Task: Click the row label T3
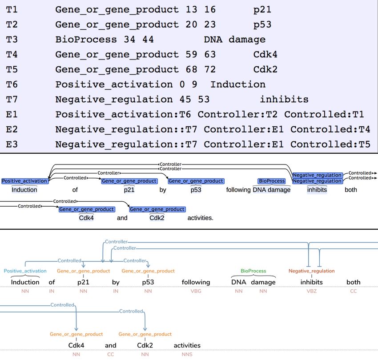(x=12, y=39)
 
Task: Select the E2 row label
(x=12, y=129)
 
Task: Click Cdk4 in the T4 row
(x=265, y=55)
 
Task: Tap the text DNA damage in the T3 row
(x=234, y=40)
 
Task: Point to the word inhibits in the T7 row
(x=284, y=99)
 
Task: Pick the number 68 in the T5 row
(x=191, y=69)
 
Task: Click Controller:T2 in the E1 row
(x=237, y=115)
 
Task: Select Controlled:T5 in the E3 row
(x=330, y=144)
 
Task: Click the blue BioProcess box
(x=272, y=181)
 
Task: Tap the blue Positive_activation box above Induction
(x=24, y=181)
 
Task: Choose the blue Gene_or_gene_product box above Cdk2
(x=157, y=209)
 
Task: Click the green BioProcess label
(x=253, y=271)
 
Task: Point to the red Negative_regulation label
(x=311, y=271)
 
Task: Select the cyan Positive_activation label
(x=25, y=271)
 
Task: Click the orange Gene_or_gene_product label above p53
(x=148, y=271)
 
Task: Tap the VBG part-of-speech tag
(x=196, y=291)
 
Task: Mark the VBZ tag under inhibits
(x=311, y=291)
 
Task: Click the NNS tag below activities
(x=187, y=355)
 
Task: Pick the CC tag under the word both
(x=354, y=291)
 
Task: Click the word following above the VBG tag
(x=196, y=282)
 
